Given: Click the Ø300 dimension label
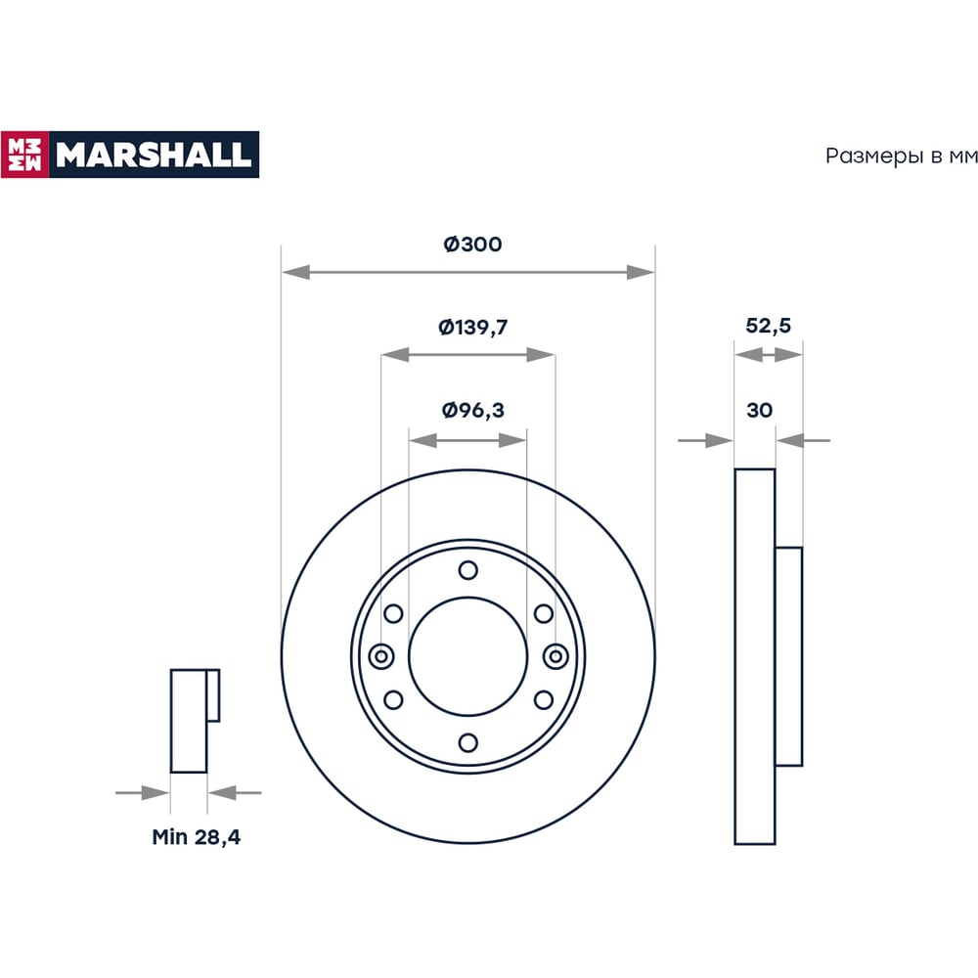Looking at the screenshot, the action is pyautogui.click(x=472, y=244).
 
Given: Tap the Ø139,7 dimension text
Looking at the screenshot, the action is pyautogui.click(x=472, y=327).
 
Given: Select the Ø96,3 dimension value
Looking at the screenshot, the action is pyautogui.click(x=472, y=410).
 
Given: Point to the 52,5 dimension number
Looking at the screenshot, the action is pyautogui.click(x=768, y=325).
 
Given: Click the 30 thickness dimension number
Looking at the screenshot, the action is pyautogui.click(x=759, y=410).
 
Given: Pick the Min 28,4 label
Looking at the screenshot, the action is pyautogui.click(x=196, y=836).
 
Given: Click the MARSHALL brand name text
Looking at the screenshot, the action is pyautogui.click(x=154, y=155).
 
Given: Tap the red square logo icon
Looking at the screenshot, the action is pyautogui.click(x=25, y=155).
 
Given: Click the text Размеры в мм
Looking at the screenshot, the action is pyautogui.click(x=902, y=156).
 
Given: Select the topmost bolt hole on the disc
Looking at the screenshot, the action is pyautogui.click(x=467, y=570).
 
